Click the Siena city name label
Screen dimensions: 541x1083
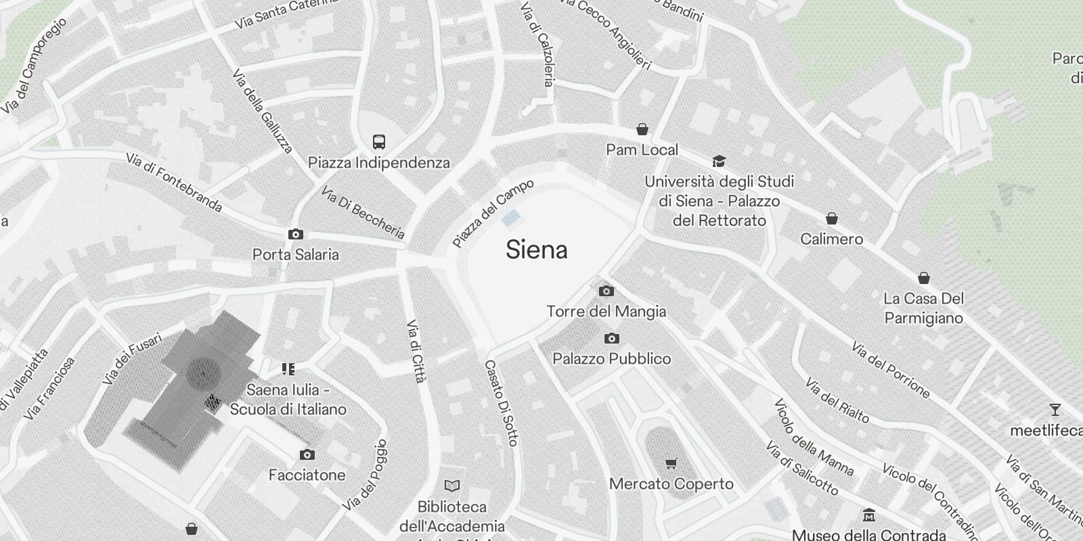pyautogui.click(x=537, y=250)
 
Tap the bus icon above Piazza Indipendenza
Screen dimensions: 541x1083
pyautogui.click(x=379, y=142)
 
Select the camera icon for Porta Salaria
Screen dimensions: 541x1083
pyautogui.click(x=296, y=235)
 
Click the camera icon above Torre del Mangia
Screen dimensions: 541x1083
pyautogui.click(x=606, y=291)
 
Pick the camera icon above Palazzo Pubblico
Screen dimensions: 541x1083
pyautogui.click(x=612, y=338)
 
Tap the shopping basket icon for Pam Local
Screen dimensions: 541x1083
pyautogui.click(x=642, y=129)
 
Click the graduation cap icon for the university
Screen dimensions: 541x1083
pyautogui.click(x=719, y=161)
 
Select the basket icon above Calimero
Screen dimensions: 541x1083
pyautogui.click(x=832, y=218)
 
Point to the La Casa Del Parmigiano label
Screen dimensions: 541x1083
pyautogui.click(x=923, y=308)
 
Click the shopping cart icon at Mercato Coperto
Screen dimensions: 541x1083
pyautogui.click(x=671, y=463)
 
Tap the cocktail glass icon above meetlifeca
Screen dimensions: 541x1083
pyautogui.click(x=1055, y=410)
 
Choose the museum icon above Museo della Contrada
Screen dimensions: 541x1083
pyautogui.click(x=869, y=516)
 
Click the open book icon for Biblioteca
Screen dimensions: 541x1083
pyautogui.click(x=452, y=486)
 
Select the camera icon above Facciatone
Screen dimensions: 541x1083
pyautogui.click(x=307, y=454)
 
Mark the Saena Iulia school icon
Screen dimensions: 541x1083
pyautogui.click(x=288, y=369)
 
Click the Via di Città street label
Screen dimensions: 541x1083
pyautogui.click(x=415, y=351)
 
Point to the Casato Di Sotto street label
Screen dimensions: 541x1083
pyautogui.click(x=502, y=402)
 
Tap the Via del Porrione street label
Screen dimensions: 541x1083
pyautogui.click(x=890, y=370)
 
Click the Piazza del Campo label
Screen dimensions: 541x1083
pyautogui.click(x=493, y=213)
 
